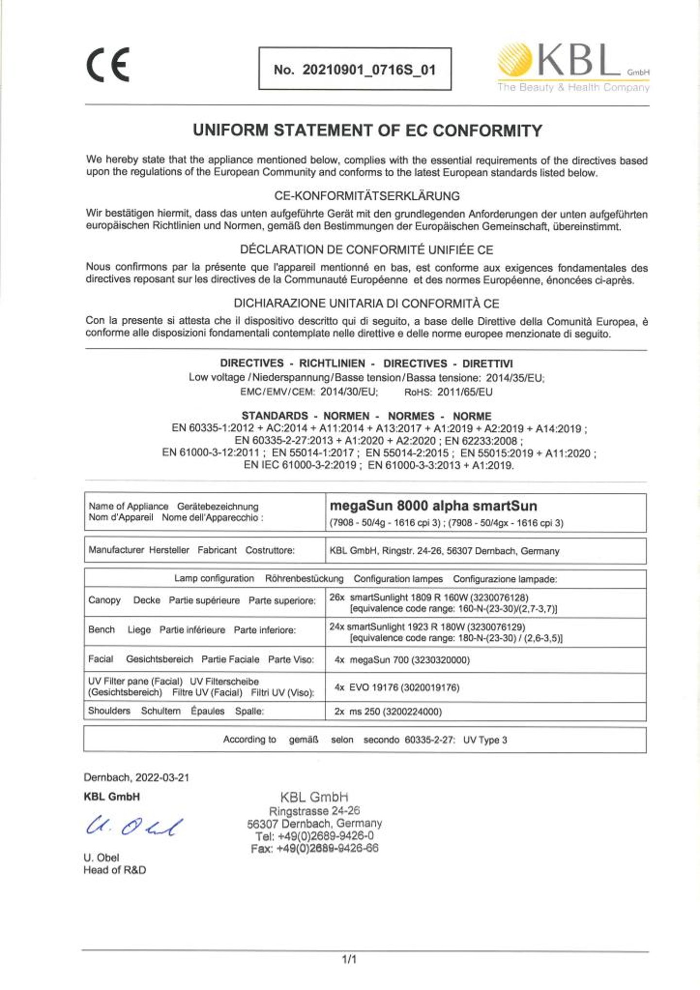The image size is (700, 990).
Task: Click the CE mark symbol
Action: pyautogui.click(x=108, y=65)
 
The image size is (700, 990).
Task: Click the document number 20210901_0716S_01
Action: pyautogui.click(x=368, y=70)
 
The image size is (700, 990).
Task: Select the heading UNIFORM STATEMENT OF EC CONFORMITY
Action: pyautogui.click(x=367, y=130)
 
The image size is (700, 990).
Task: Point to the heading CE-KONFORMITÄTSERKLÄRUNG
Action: pyautogui.click(x=367, y=196)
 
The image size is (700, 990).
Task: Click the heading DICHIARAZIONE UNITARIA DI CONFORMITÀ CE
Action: pyautogui.click(x=367, y=303)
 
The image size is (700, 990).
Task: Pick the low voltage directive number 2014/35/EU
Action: pyautogui.click(x=515, y=378)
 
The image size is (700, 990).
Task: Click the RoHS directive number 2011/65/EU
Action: pyautogui.click(x=464, y=392)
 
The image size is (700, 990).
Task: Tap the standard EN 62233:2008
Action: pyautogui.click(x=483, y=441)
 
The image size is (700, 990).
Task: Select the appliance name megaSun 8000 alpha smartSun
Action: pyautogui.click(x=433, y=506)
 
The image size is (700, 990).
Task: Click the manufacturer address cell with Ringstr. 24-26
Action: pyautogui.click(x=444, y=551)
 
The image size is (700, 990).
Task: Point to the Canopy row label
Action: pyautogui.click(x=105, y=600)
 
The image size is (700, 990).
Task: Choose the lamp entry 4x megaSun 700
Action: pyautogui.click(x=402, y=660)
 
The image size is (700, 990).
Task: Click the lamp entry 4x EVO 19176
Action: pyautogui.click(x=397, y=688)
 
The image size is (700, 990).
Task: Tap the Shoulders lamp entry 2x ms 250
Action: pyautogui.click(x=388, y=712)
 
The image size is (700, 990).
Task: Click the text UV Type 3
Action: pyautogui.click(x=485, y=740)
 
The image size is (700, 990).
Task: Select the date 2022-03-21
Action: pyautogui.click(x=162, y=778)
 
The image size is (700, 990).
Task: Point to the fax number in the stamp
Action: pyautogui.click(x=315, y=849)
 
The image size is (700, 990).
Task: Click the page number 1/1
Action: pyautogui.click(x=349, y=959)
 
